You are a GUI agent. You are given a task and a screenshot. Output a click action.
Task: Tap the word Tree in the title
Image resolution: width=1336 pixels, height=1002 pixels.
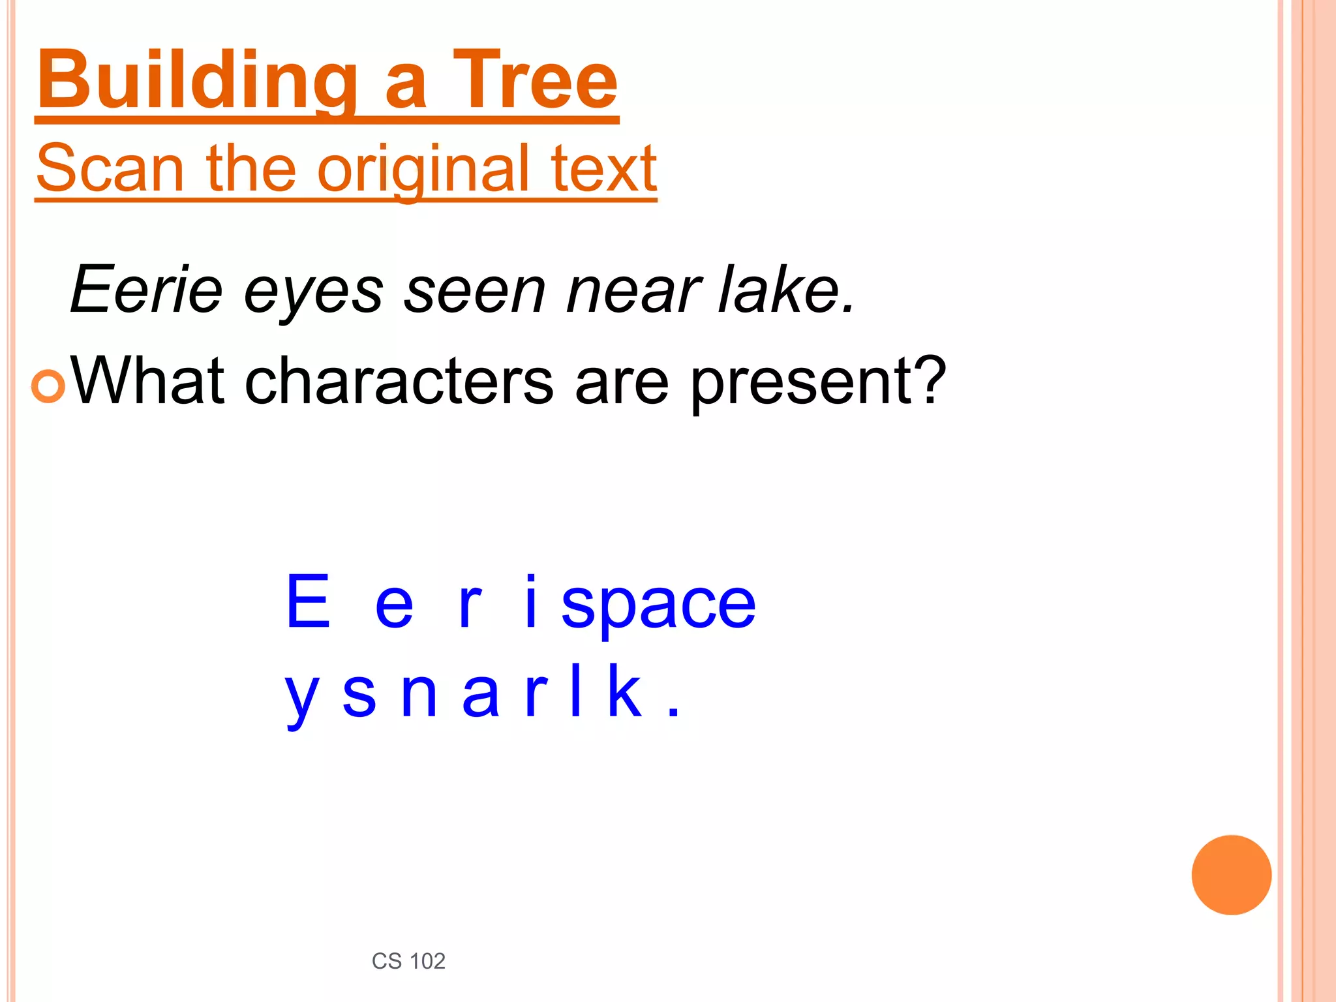pos(535,82)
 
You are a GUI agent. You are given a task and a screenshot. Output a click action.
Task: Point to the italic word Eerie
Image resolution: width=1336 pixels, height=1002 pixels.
pos(147,289)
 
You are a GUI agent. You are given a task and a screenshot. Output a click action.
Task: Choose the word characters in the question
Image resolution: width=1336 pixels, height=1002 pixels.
pos(399,381)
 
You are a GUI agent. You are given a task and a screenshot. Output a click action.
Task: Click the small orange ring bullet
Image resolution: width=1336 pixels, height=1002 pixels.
pos(48,386)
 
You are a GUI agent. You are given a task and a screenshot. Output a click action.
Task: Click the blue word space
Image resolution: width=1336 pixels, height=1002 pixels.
pos(658,604)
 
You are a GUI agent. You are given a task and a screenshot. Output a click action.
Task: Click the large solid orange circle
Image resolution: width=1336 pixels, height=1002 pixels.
pos(1231,875)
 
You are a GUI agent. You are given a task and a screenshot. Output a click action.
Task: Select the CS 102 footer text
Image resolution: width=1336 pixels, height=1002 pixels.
pos(408,961)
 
